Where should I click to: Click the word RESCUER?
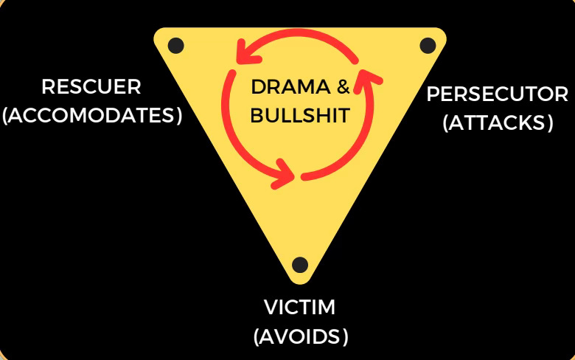pyautogui.click(x=91, y=87)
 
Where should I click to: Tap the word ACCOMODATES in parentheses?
pyautogui.click(x=92, y=116)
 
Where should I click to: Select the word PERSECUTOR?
pyautogui.click(x=498, y=94)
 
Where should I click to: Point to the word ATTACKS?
pyautogui.click(x=498, y=122)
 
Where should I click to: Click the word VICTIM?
pyautogui.click(x=300, y=307)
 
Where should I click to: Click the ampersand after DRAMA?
pyautogui.click(x=343, y=88)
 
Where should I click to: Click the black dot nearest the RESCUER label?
pyautogui.click(x=175, y=46)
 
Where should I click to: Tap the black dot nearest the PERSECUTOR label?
pyautogui.click(x=428, y=45)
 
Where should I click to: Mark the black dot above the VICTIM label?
pyautogui.click(x=299, y=265)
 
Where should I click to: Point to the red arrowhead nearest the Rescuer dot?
pyautogui.click(x=241, y=53)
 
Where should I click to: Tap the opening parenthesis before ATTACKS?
pyautogui.click(x=447, y=123)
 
